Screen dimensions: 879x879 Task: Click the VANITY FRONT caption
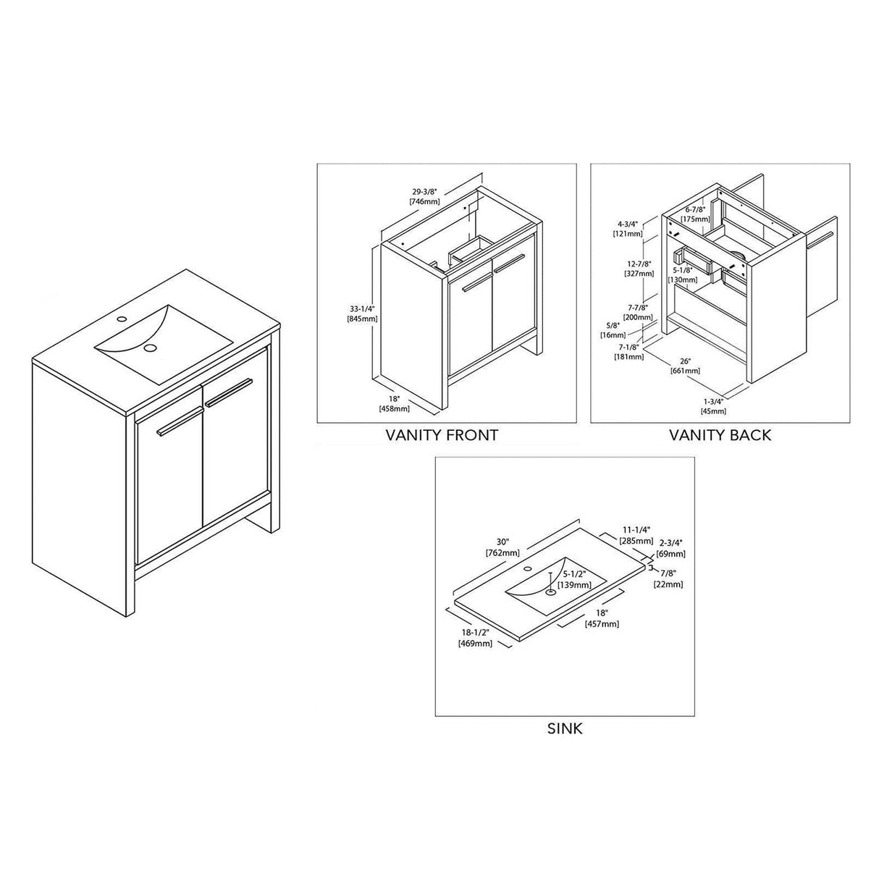(x=442, y=435)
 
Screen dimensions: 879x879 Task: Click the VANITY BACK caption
(x=720, y=435)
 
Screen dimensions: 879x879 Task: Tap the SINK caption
(x=565, y=728)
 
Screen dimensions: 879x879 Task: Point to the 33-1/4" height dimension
(x=360, y=308)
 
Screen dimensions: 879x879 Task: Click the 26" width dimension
(x=686, y=361)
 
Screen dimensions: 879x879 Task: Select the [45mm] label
(x=714, y=411)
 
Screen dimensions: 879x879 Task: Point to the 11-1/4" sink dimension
(x=634, y=530)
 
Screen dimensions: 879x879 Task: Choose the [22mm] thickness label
(x=668, y=584)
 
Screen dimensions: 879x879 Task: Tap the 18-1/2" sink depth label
(x=475, y=634)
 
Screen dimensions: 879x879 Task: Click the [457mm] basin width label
(x=604, y=623)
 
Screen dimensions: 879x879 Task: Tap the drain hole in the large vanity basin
(x=151, y=348)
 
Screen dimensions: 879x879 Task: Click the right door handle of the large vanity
(x=227, y=391)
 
